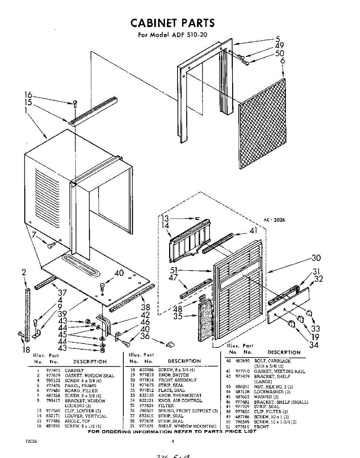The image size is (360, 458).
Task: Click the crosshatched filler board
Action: click(262, 124)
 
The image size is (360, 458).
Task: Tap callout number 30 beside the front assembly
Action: click(316, 258)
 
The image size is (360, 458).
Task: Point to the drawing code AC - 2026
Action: click(274, 220)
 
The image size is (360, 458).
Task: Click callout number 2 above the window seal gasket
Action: click(24, 272)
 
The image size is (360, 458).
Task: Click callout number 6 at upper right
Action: click(282, 61)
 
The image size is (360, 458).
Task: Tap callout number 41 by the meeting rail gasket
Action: click(253, 230)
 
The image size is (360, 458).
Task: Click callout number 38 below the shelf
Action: click(145, 307)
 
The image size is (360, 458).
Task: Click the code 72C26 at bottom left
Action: click(30, 442)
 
